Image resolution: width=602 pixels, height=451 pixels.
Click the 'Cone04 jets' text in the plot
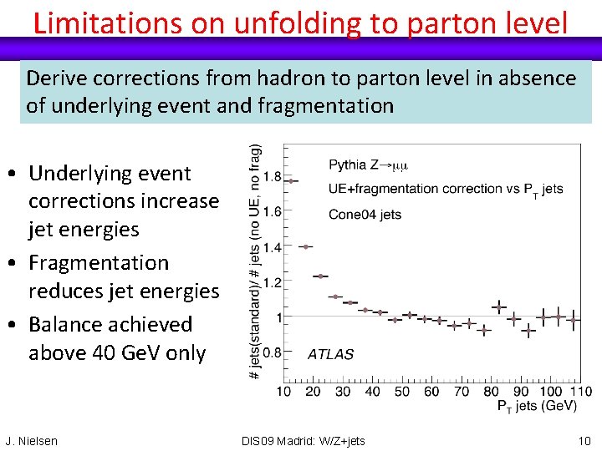365,214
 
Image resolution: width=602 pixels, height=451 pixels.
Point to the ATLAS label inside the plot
330,354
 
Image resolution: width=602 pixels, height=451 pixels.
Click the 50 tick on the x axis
402,391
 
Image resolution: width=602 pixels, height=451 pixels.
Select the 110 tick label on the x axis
579,391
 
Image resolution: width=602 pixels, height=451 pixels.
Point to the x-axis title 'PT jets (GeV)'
537,406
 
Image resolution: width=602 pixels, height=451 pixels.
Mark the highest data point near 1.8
291,180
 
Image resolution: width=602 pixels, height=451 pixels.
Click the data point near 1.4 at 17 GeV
306,246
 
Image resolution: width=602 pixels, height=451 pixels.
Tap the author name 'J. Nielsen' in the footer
32,441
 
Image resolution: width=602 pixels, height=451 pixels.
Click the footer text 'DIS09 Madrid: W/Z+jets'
303,441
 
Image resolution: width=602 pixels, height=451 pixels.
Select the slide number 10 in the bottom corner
584,440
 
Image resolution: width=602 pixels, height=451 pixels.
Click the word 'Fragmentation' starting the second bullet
99,262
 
